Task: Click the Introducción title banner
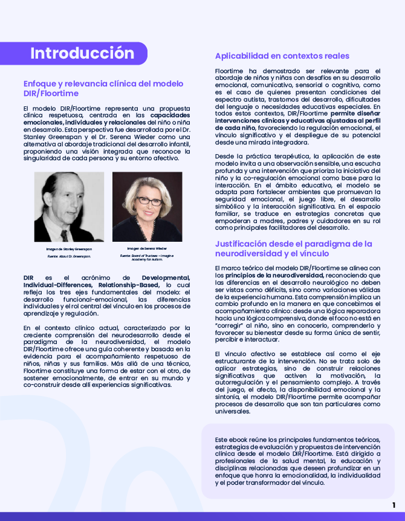[x=82, y=53]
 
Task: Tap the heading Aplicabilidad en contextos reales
[x=282, y=56]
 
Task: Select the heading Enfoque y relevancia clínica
[x=103, y=89]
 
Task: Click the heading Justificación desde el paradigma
[x=293, y=248]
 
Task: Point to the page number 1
[x=394, y=505]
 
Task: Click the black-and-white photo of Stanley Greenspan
[x=69, y=207]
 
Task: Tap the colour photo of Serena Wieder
[x=147, y=207]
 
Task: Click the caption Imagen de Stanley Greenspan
[x=69, y=248]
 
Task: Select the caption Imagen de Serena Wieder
[x=147, y=248]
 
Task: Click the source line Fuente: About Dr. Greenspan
[x=69, y=256]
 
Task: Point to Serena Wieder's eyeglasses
[x=147, y=200]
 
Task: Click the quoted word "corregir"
[x=228, y=325]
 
